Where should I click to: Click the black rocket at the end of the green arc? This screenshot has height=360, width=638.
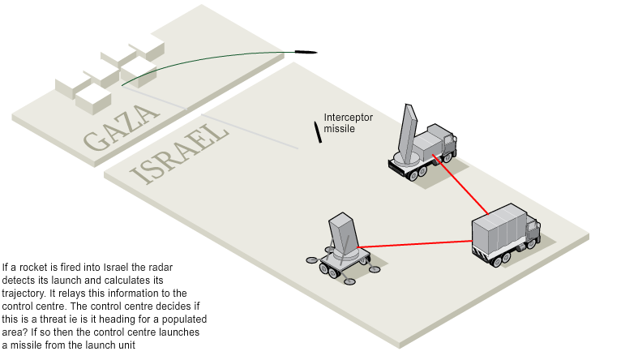[x=306, y=54]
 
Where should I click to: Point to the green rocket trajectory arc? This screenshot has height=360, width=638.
[x=203, y=57]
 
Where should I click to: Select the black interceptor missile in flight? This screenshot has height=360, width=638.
[x=318, y=132]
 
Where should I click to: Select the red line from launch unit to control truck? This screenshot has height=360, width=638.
[x=413, y=243]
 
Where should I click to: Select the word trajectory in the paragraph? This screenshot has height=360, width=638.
[x=24, y=294]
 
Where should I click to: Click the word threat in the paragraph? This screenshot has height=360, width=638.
[x=50, y=319]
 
